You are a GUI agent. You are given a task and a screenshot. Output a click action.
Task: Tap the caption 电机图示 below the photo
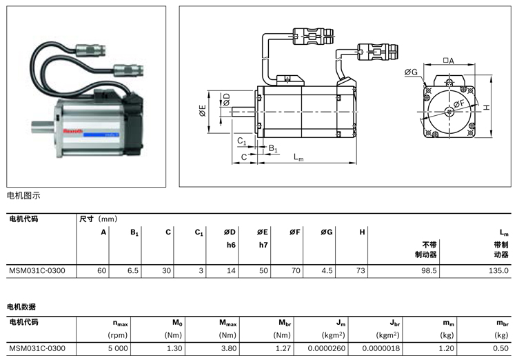point(23,195)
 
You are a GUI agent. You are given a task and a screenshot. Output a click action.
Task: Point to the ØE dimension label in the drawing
point(203,111)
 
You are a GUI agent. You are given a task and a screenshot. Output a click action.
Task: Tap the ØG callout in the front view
point(412,72)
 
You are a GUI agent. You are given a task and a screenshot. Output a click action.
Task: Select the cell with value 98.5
point(429,271)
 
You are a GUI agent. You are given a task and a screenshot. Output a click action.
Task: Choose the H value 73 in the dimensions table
point(360,271)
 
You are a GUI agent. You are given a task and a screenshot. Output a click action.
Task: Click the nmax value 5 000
point(119,348)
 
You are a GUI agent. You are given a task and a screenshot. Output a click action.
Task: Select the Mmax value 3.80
point(229,348)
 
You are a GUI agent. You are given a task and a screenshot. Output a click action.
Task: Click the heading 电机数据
point(21,306)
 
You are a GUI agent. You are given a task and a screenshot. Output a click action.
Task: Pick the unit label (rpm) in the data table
point(119,334)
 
